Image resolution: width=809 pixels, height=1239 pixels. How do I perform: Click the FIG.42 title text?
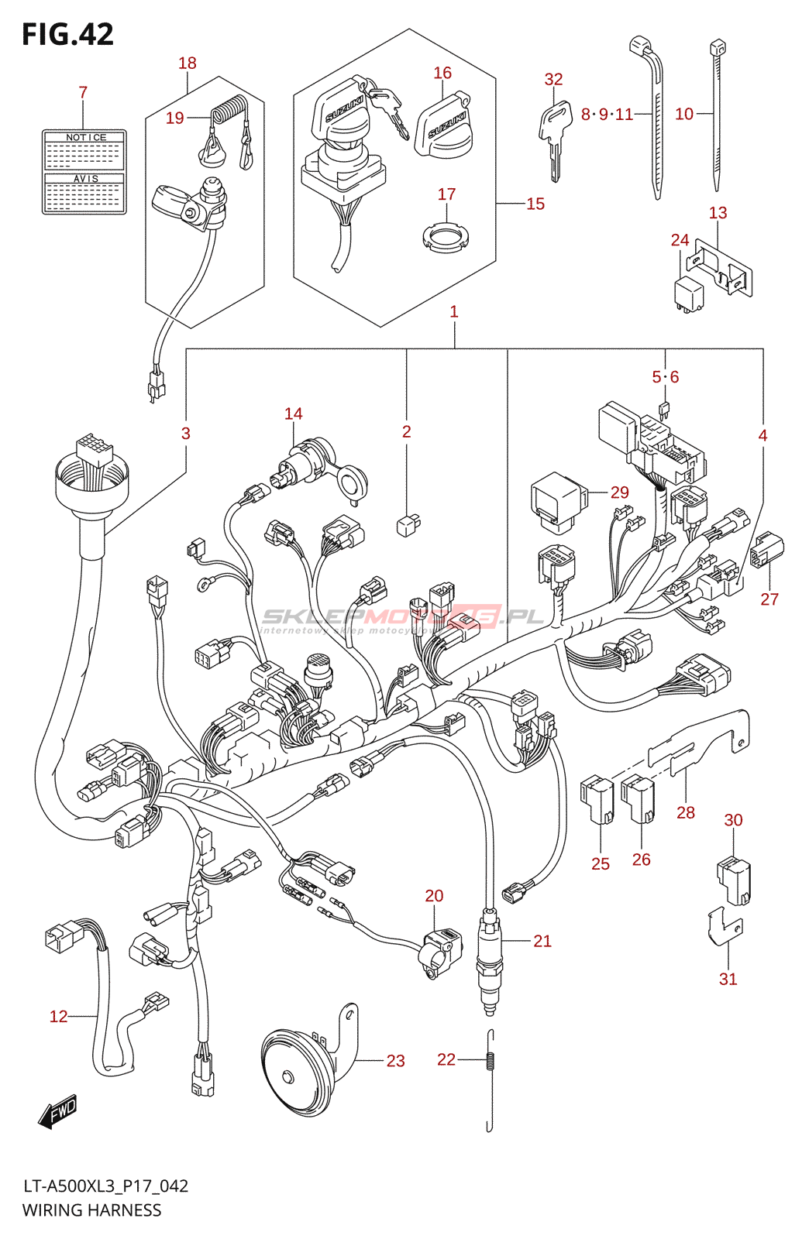pos(67,34)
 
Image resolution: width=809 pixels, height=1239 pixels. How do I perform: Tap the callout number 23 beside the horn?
pos(395,1061)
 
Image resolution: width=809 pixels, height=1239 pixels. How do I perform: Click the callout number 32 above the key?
pos(553,80)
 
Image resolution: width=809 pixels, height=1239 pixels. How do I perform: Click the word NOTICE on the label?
pos(85,137)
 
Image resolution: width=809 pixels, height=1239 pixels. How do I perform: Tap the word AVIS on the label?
pos(85,179)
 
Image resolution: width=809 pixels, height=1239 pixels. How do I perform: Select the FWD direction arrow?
pos(58,1112)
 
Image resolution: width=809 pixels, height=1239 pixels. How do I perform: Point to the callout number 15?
pos(535,204)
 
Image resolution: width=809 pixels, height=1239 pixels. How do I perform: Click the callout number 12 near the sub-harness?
pos(59,1017)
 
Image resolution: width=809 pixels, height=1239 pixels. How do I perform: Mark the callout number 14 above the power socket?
pos(293,414)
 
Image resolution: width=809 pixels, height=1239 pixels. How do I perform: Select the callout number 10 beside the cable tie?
pos(683,115)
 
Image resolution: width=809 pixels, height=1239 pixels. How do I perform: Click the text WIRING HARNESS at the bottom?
pos(91,1210)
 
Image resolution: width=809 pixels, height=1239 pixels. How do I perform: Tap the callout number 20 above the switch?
pos(434,896)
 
